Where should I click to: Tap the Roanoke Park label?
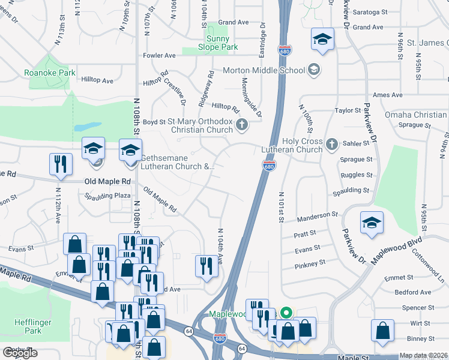pos(50,73)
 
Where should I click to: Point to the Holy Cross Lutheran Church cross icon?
pos(331,144)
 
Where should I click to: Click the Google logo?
pos(20,353)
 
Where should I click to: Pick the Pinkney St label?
pos(310,263)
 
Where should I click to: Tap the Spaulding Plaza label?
pos(107,196)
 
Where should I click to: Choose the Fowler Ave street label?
pos(159,55)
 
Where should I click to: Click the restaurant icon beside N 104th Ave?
pos(206,265)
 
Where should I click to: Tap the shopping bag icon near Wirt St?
pos(382,331)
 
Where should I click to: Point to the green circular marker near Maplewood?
pos(286,312)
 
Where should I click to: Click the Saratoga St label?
pos(368,11)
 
